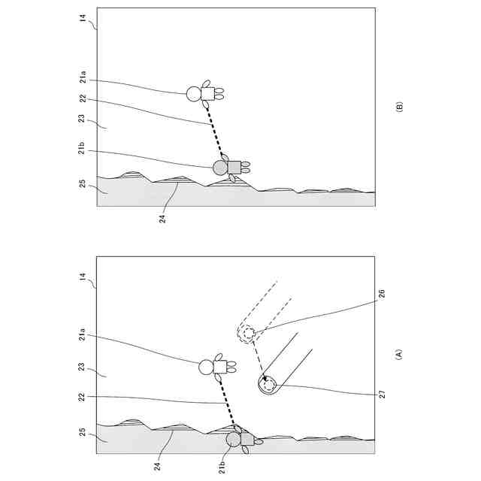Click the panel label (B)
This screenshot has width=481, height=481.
(x=399, y=107)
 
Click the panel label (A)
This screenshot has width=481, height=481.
(x=399, y=353)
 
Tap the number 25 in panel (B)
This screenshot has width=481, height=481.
(x=83, y=183)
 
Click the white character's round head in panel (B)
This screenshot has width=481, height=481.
(x=195, y=93)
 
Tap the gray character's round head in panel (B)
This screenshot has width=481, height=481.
(x=221, y=168)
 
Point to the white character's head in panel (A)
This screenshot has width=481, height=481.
(x=207, y=368)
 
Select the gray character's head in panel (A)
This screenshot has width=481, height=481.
(x=233, y=440)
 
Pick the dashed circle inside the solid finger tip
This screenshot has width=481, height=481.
(x=268, y=385)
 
